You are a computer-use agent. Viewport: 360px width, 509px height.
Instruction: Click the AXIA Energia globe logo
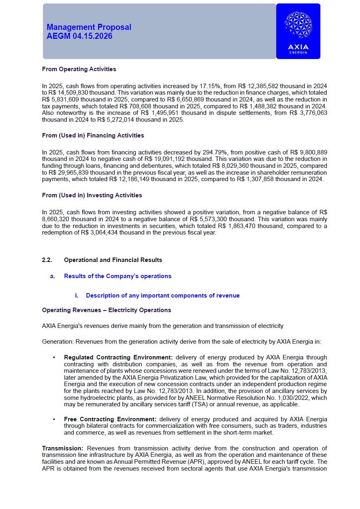[x=298, y=25]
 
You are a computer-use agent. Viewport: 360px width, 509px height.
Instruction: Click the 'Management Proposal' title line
[x=89, y=27]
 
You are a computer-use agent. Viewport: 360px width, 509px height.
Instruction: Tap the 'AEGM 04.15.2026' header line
[x=80, y=36]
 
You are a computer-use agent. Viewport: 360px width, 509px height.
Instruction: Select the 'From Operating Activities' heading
[x=79, y=69]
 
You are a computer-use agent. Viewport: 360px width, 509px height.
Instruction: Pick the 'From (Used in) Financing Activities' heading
[x=93, y=135]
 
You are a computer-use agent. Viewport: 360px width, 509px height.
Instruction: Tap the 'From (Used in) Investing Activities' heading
[x=92, y=195]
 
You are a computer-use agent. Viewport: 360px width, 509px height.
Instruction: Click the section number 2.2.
[x=47, y=260]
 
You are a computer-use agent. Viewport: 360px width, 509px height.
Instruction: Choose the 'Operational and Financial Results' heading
[x=113, y=260]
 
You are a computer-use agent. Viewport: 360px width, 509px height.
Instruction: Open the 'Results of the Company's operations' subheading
[x=118, y=276]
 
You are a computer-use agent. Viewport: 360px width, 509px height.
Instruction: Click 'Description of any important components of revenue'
[x=163, y=296]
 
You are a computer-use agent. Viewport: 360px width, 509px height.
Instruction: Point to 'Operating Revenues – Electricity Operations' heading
[x=107, y=310]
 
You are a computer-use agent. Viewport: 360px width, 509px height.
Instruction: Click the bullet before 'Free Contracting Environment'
[x=54, y=419]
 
